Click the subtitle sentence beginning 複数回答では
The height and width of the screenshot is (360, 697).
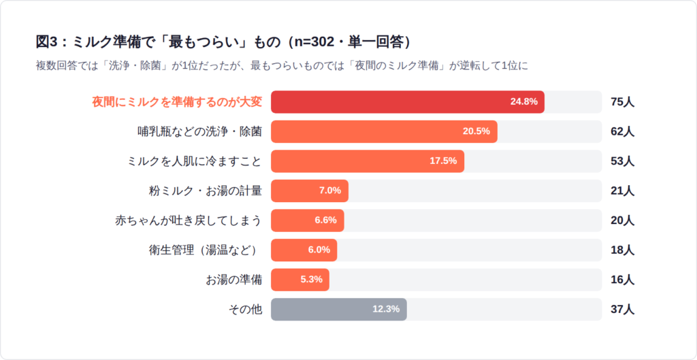[282, 66]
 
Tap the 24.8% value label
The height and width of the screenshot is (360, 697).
[523, 102]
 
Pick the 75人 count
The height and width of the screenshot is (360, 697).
[622, 102]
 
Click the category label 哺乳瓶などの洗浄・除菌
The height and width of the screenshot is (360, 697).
[199, 131]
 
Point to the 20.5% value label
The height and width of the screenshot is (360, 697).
[476, 131]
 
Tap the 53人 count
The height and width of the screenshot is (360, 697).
[622, 161]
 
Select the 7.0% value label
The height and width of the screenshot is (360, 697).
[329, 191]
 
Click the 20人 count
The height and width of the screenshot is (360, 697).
[622, 220]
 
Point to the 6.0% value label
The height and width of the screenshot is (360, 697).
[319, 250]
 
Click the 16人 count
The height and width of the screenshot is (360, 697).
[622, 280]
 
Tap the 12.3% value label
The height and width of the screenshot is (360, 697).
[386, 309]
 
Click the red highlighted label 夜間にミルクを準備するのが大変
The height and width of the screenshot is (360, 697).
[177, 102]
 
